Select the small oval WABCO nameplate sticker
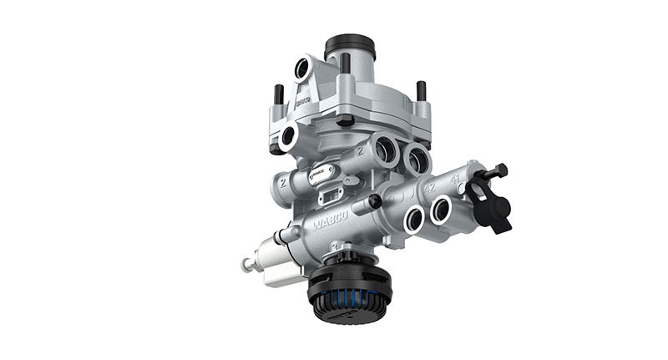click(x=321, y=174)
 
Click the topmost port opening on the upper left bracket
click(x=302, y=69)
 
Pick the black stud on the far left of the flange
click(x=279, y=94)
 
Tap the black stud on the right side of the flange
click(x=422, y=90)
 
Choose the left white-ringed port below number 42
click(x=414, y=220)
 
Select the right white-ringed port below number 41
click(x=441, y=210)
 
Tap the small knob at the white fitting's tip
click(x=248, y=265)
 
